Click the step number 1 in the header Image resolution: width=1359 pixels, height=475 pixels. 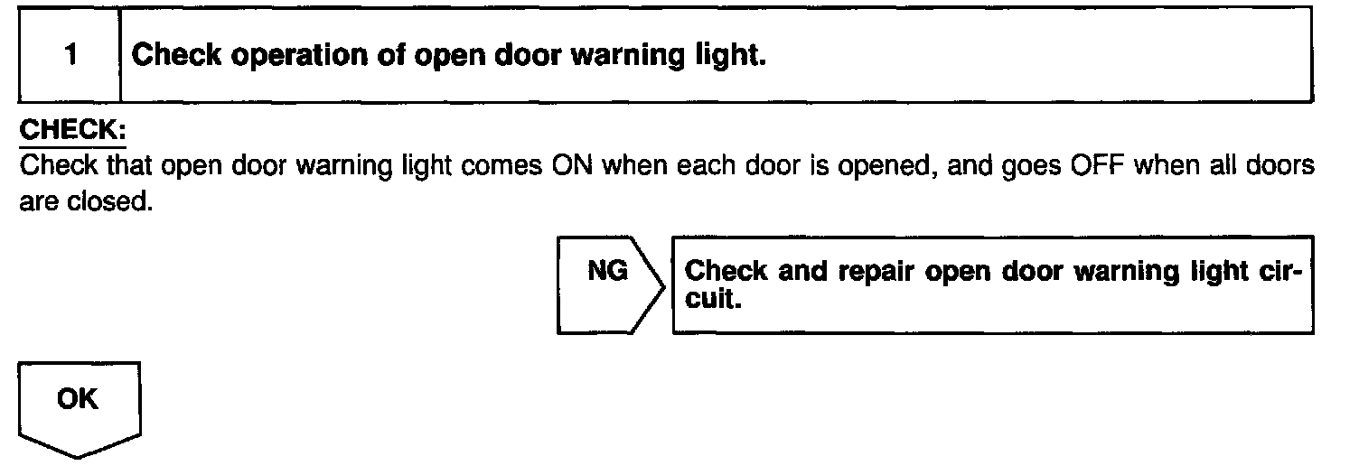[70, 56]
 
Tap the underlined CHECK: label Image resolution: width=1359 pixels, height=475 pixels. [72, 131]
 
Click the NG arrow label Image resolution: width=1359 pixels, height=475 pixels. [607, 271]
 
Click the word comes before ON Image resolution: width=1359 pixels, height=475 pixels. [504, 169]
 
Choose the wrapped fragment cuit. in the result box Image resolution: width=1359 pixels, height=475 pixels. [714, 298]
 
